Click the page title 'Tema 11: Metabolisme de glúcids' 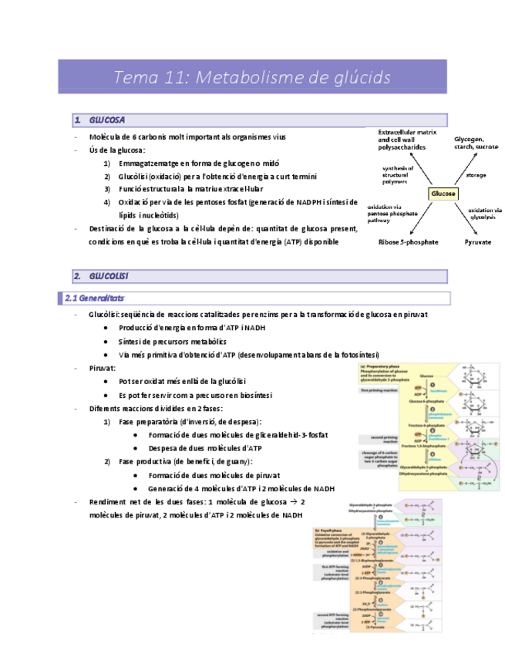point(252,77)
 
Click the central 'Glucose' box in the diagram point(443,193)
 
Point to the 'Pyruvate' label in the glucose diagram point(477,242)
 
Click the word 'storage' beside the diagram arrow point(476,175)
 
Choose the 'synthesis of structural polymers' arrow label point(398,176)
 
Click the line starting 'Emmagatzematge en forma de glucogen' point(199,163)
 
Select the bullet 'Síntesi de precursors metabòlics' point(172,341)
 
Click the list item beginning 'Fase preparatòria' point(190,422)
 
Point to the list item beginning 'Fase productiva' point(186,461)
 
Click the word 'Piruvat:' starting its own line point(105,368)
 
